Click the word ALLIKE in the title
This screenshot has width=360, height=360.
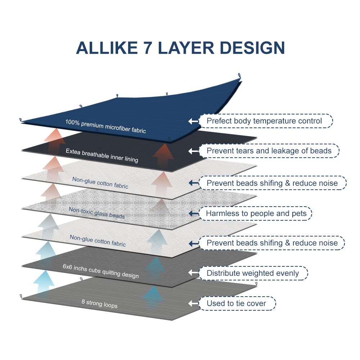coord(107,48)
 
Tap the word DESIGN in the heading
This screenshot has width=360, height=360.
coord(252,48)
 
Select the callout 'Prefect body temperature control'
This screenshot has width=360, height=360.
coord(266,121)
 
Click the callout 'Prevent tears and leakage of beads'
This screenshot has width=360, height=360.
coord(269,151)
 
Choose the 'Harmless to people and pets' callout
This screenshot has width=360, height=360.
coord(255,213)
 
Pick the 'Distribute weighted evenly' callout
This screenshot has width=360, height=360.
coord(253,273)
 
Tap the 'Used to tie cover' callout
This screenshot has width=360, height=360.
coord(237,303)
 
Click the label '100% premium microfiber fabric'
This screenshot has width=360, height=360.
coord(105,126)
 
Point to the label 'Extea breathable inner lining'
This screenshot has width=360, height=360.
coord(102,156)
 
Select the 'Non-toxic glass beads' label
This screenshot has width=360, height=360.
coord(96,213)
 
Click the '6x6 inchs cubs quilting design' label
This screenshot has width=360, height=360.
coord(101,271)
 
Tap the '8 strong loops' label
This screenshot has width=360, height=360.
coord(99,303)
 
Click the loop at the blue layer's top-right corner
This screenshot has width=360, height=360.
coord(239,76)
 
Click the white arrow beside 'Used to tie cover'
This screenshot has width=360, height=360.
coord(193,303)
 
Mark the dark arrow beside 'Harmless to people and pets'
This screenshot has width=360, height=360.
coord(194,213)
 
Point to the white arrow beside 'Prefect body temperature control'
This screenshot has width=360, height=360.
coord(193,121)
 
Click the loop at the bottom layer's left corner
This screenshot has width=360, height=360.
coord(21,296)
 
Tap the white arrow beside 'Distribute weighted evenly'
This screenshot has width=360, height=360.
coord(193,273)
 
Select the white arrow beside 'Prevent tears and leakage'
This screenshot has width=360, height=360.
coord(193,151)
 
